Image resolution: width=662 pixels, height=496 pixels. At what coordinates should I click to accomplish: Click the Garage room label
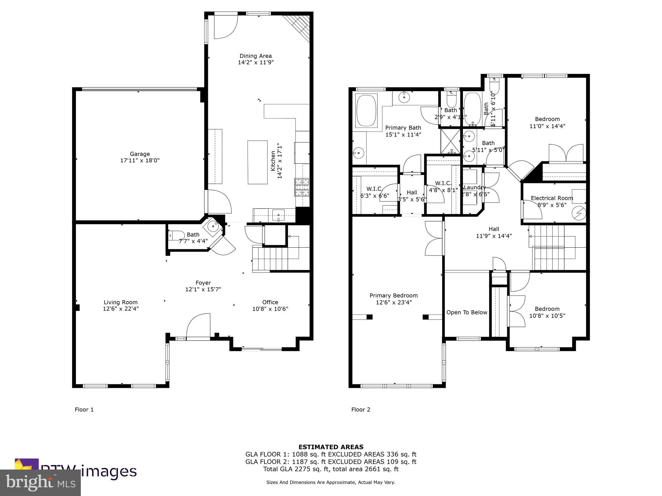[140, 154]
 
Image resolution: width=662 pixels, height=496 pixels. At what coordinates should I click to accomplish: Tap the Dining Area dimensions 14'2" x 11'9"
[256, 63]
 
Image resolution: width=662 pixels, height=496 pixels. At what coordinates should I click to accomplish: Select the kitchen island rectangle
[257, 162]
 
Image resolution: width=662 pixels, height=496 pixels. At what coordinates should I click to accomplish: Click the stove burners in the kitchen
[302, 187]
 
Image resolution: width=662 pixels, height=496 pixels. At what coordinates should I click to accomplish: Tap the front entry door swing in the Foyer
[198, 326]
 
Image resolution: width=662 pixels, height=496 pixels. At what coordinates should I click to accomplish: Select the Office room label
[270, 302]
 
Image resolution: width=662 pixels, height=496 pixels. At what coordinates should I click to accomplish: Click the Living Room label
[121, 302]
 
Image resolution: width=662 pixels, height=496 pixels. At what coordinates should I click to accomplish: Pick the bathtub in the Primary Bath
[366, 110]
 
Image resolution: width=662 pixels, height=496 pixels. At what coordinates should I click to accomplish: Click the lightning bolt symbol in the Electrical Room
[578, 213]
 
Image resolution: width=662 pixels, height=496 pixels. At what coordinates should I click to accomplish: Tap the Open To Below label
[466, 312]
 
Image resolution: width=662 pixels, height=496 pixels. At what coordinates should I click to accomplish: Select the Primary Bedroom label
[393, 295]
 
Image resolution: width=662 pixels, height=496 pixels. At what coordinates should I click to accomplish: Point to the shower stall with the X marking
[450, 141]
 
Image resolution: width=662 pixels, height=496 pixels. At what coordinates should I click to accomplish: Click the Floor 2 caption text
[361, 409]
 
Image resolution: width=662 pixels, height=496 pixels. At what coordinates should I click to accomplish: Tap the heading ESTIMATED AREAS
[331, 447]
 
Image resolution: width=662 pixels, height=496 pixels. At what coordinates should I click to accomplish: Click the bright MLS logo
[40, 483]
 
